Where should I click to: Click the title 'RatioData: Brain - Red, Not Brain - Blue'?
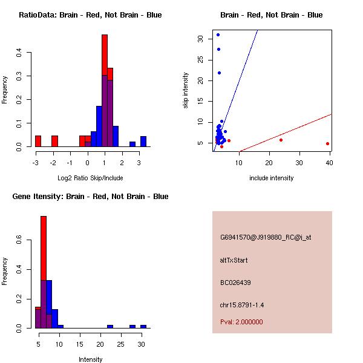[90, 15]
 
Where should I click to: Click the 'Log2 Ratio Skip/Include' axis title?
[90, 178]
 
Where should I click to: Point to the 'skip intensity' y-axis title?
[186, 91]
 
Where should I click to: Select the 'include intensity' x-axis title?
[271, 178]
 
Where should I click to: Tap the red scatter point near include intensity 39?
[327, 144]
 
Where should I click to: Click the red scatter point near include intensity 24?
[281, 140]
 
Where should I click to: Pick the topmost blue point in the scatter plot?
[218, 34]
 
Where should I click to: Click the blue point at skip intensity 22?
[219, 73]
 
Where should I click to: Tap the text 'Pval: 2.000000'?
[241, 322]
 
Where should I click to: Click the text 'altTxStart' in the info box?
[234, 260]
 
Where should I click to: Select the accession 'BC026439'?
[235, 282]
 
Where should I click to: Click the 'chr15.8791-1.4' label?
[242, 304]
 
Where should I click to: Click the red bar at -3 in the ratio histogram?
[38, 141]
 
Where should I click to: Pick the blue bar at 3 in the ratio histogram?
[143, 142]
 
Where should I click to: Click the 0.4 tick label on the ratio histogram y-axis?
[19, 53]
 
